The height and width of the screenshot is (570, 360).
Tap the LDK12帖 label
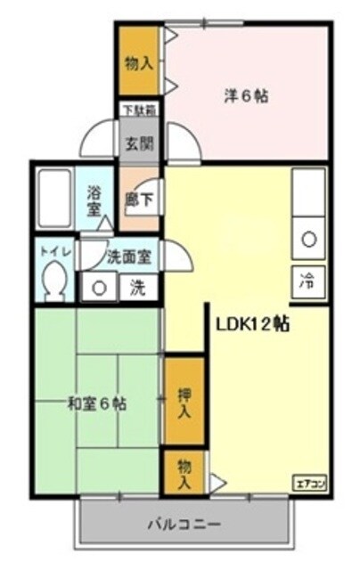click(x=251, y=323)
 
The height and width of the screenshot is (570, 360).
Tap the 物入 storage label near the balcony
click(x=183, y=474)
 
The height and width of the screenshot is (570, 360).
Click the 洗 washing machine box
click(x=136, y=288)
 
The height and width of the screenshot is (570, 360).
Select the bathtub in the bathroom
click(x=57, y=199)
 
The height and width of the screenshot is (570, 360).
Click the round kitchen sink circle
click(x=308, y=239)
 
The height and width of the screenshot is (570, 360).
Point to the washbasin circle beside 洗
click(x=100, y=288)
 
